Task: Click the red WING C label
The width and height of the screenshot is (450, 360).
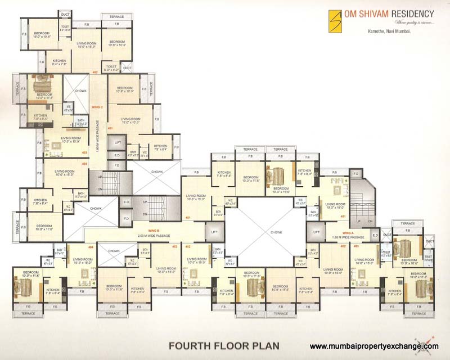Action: coord(97,107)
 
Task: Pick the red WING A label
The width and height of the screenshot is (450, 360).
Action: coord(349,232)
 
